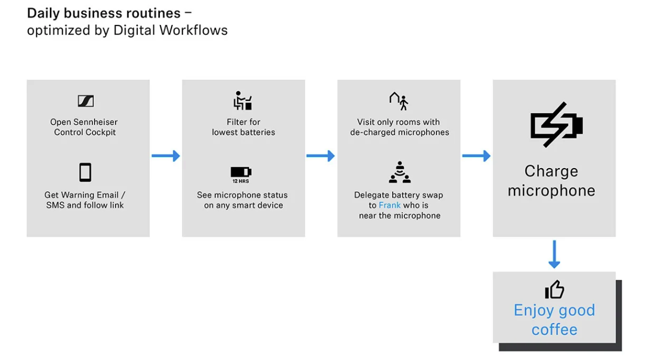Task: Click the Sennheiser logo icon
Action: [86, 101]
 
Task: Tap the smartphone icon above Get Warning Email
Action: [85, 173]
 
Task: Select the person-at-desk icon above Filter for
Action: [242, 100]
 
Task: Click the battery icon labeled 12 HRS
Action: [241, 172]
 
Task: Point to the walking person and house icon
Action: [399, 101]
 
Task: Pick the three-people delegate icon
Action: [399, 172]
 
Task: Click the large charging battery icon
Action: [557, 124]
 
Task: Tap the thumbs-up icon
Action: [554, 289]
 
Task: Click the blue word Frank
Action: [389, 205]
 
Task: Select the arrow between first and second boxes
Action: [166, 156]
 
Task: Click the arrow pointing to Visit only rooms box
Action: [320, 156]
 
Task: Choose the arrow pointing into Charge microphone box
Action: [476, 156]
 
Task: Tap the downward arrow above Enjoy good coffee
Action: [554, 254]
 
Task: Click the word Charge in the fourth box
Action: [551, 171]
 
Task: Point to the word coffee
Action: [554, 330]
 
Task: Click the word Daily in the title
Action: [44, 14]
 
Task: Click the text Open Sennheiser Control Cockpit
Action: [85, 127]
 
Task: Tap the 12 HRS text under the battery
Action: [241, 181]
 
